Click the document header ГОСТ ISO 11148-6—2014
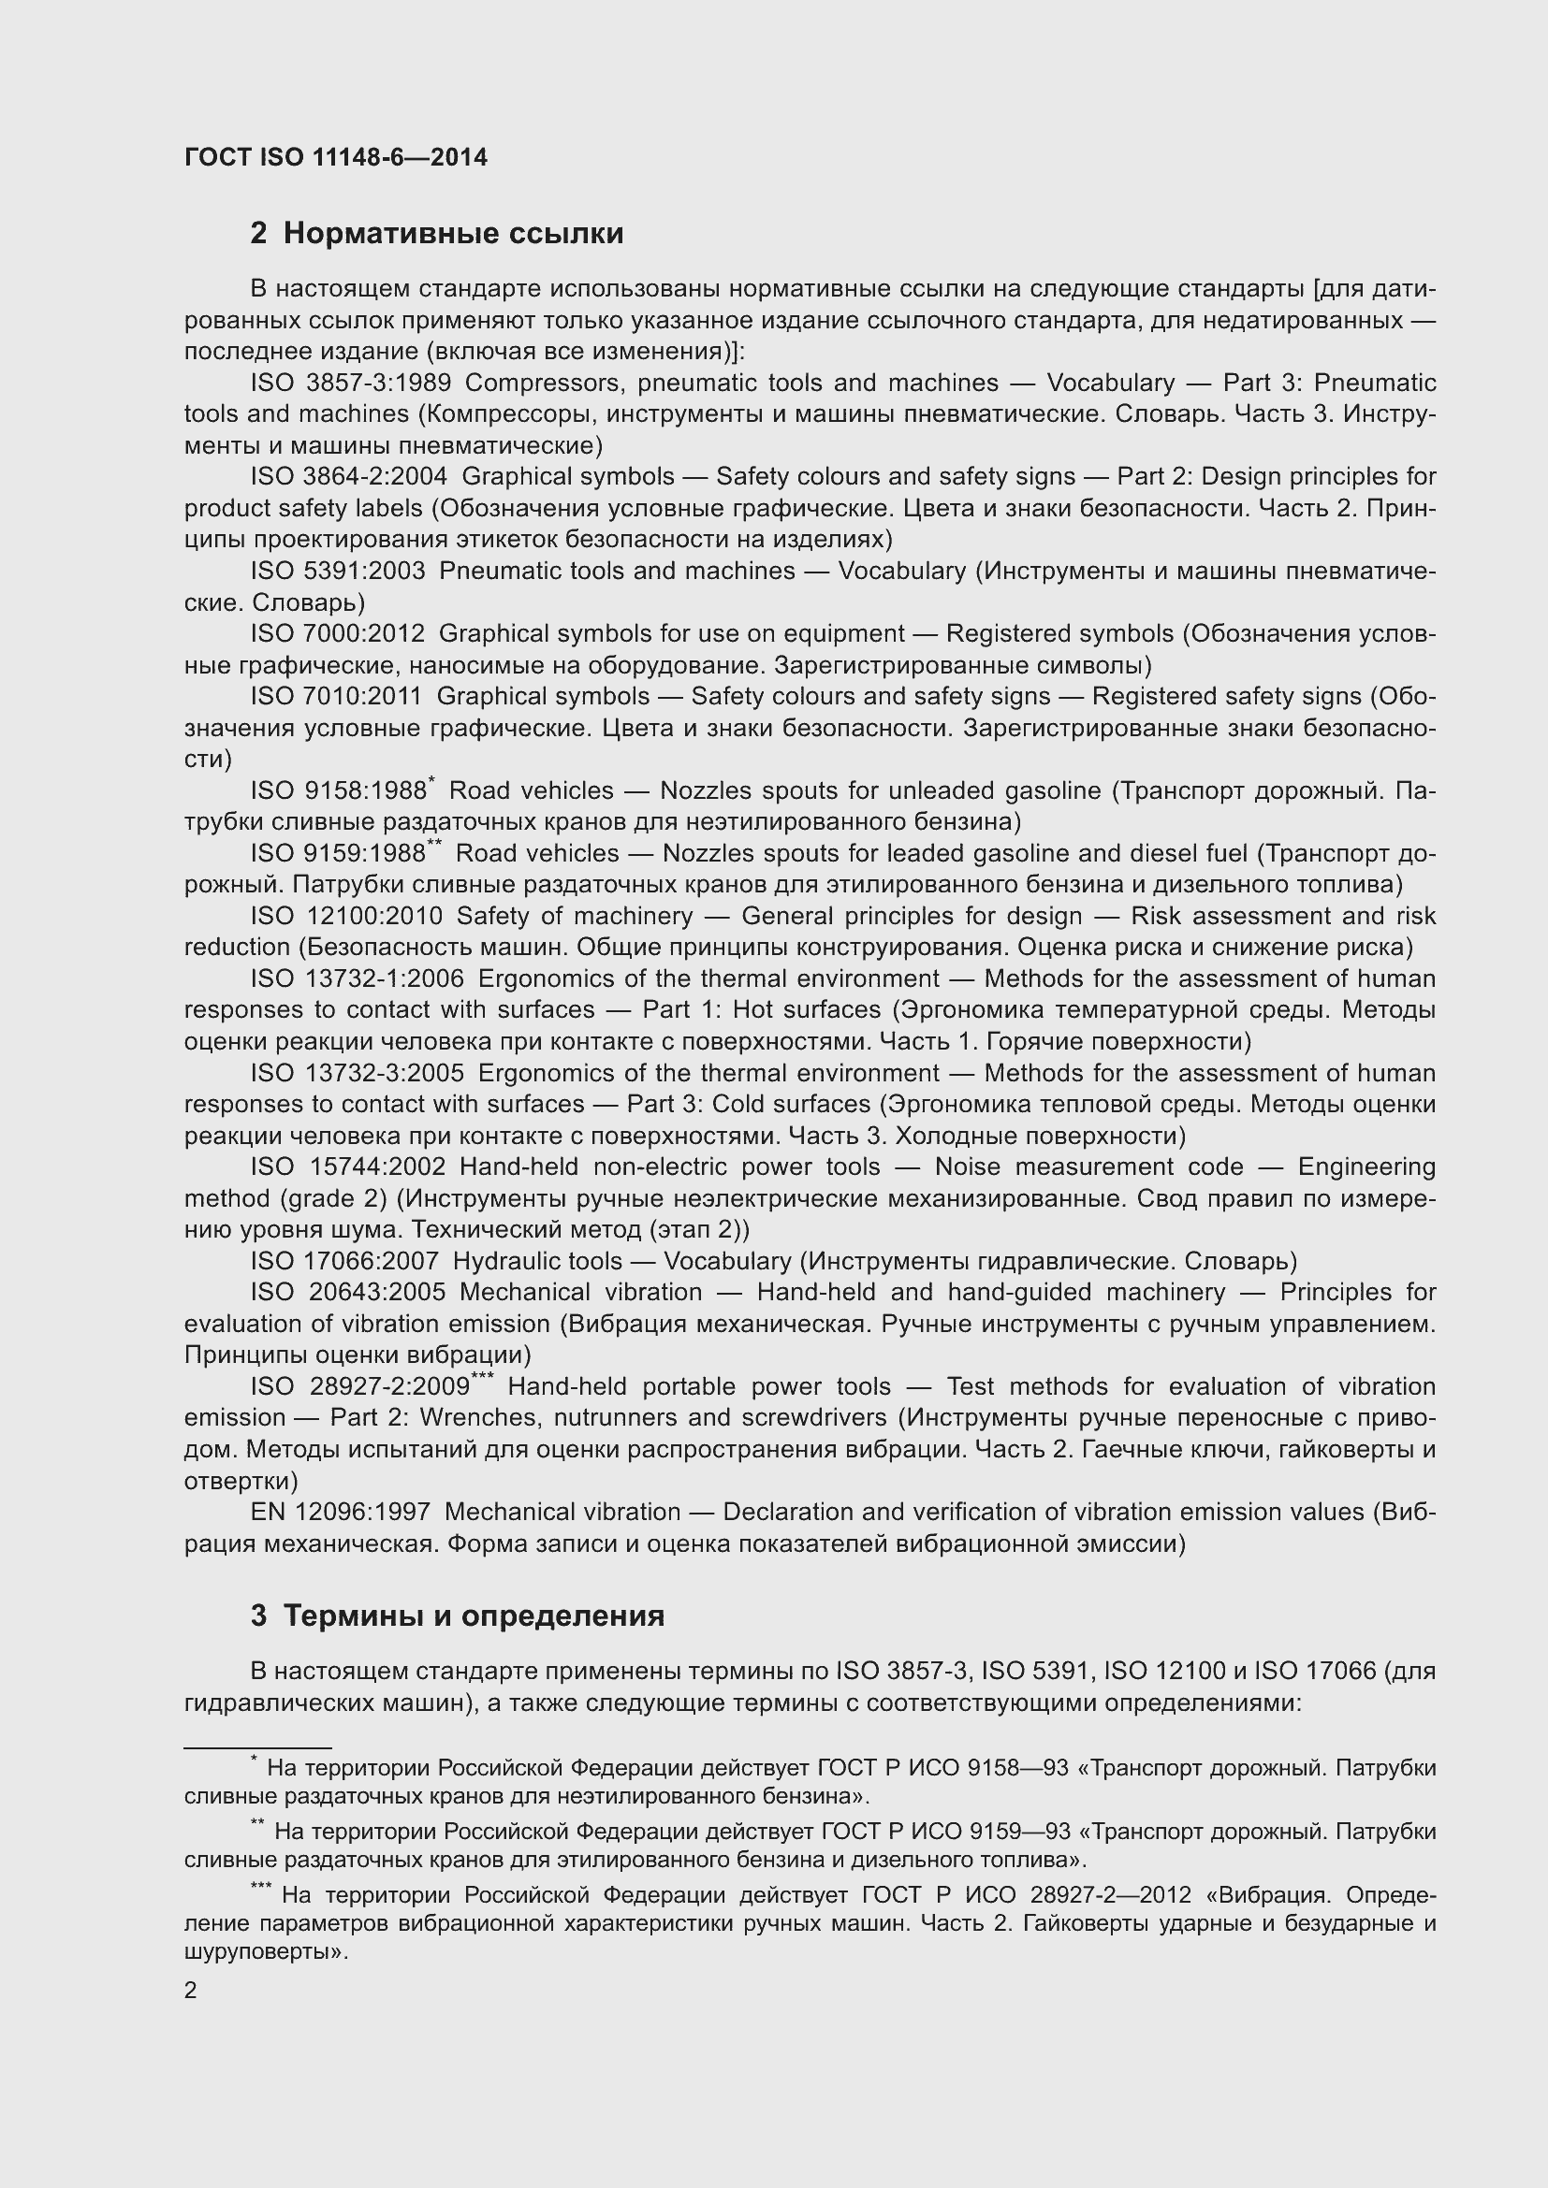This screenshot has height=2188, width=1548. click(336, 157)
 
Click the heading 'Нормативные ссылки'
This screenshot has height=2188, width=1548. click(453, 234)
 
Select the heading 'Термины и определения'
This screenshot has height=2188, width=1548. click(474, 1616)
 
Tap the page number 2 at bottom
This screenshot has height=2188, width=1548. click(191, 1991)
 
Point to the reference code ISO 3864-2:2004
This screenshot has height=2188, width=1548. click(349, 476)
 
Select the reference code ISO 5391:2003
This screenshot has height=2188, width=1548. click(338, 571)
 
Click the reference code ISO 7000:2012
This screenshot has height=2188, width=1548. click(338, 633)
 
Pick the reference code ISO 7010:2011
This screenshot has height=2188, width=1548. click(336, 697)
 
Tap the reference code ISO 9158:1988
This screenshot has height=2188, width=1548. click(338, 791)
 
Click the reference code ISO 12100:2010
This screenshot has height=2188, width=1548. click(346, 916)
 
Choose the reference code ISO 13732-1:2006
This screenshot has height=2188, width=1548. click(357, 978)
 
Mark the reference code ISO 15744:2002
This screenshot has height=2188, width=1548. click(348, 1166)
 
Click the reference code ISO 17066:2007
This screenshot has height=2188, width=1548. click(344, 1261)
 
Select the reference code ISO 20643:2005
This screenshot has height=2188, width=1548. click(348, 1292)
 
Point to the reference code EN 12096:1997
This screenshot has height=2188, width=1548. click(341, 1513)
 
